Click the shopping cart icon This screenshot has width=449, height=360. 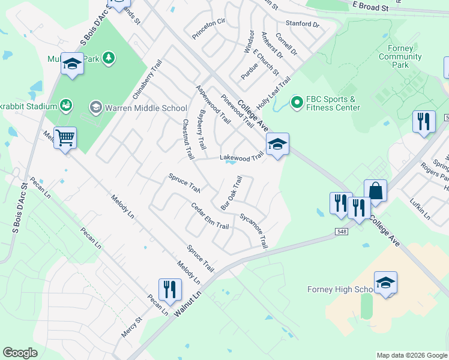point(65,137)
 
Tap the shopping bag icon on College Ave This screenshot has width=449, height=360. point(375,191)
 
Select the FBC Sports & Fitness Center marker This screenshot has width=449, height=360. point(296,103)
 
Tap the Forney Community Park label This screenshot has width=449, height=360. point(400,57)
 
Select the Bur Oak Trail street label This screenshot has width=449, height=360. point(231,192)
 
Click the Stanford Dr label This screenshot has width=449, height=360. point(303,24)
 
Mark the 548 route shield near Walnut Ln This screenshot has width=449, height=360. point(339,231)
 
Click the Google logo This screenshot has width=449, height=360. point(20,352)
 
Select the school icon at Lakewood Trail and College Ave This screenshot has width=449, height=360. point(277,144)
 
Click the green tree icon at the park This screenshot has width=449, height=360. point(109,58)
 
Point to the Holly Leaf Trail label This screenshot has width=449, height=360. point(273,91)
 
